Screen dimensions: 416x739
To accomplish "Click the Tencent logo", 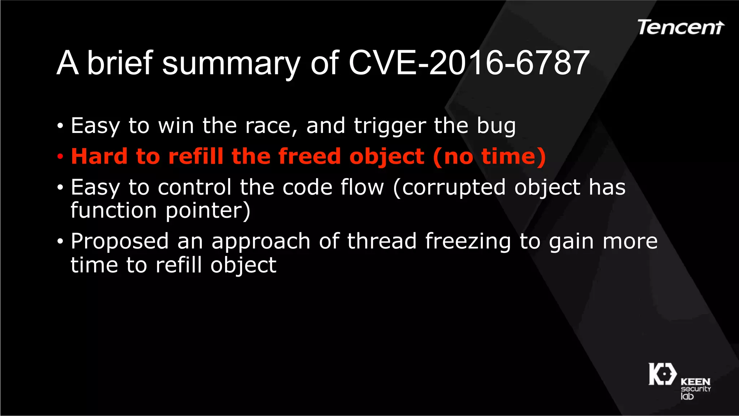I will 680,28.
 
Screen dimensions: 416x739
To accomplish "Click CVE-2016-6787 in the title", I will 469,63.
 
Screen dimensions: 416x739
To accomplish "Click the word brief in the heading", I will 120,63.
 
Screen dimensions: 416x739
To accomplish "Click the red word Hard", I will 99,156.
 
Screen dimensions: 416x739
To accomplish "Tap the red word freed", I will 309,156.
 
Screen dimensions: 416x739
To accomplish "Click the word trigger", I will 390,127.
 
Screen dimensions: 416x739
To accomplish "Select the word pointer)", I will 208,211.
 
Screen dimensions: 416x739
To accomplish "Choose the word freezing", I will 468,242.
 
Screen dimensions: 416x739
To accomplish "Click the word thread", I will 382,241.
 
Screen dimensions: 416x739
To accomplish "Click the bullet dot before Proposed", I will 60,242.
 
